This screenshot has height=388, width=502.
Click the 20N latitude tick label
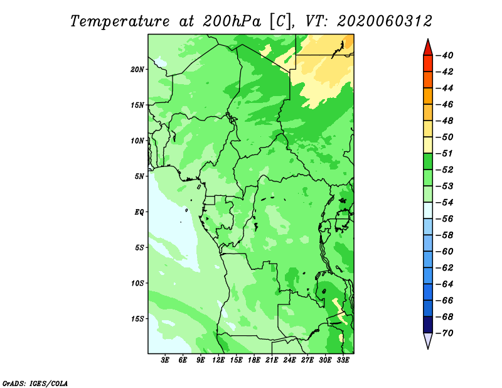pyautogui.click(x=137, y=70)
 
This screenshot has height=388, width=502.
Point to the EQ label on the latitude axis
pyautogui.click(x=139, y=212)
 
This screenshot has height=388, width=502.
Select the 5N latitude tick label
pyautogui.click(x=139, y=176)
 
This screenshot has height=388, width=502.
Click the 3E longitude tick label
pyautogui.click(x=165, y=360)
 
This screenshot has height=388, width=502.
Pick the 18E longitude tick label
pyautogui.click(x=254, y=360)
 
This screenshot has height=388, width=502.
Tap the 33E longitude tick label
pyautogui.click(x=343, y=360)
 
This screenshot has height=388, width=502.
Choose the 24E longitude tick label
pyautogui.click(x=289, y=360)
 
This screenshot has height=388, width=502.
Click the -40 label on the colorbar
pyautogui.click(x=445, y=55)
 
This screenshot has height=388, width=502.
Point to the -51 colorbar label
pyautogui.click(x=445, y=153)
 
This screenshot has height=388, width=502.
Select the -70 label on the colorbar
pyautogui.click(x=445, y=333)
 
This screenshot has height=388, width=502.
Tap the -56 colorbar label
pyautogui.click(x=445, y=219)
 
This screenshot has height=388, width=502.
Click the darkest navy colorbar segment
pyautogui.click(x=428, y=325)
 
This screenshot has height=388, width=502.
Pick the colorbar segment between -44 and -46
pyautogui.click(x=428, y=96)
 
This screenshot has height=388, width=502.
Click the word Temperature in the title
pyautogui.click(x=120, y=22)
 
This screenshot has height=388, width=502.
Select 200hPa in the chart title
pyautogui.click(x=232, y=21)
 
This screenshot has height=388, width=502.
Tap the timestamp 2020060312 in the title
pyautogui.click(x=385, y=21)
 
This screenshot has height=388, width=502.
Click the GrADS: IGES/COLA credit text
pyautogui.click(x=35, y=384)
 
